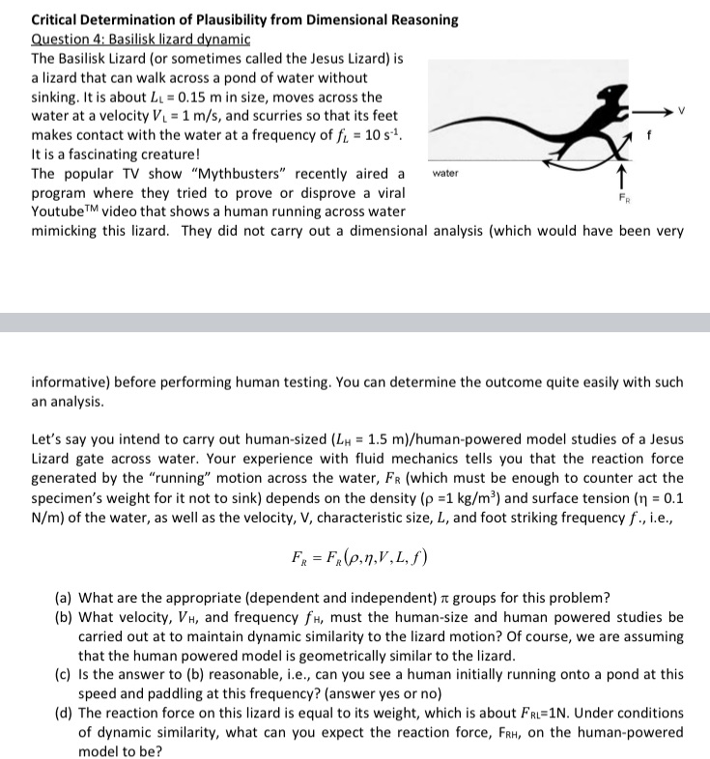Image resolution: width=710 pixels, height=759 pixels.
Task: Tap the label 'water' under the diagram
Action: [445, 174]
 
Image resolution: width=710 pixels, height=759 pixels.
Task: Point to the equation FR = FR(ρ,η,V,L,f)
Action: [355, 557]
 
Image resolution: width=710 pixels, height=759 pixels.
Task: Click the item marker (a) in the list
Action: [65, 598]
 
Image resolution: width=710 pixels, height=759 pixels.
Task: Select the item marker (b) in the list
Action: [65, 617]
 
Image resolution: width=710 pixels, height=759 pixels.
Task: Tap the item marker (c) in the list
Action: [65, 675]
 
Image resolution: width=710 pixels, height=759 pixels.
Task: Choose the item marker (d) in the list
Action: [65, 714]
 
